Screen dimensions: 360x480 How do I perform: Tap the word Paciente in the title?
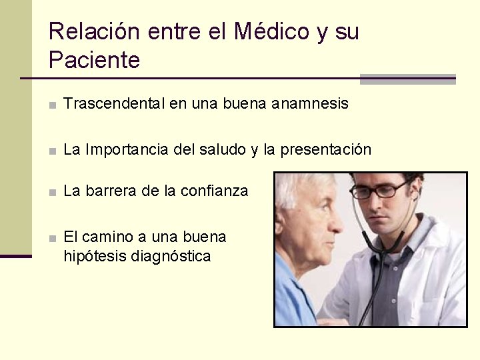point(94,61)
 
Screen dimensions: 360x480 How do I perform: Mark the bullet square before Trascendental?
point(52,105)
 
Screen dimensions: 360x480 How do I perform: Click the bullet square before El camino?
point(52,238)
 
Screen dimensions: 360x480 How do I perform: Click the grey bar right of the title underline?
point(407,79)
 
